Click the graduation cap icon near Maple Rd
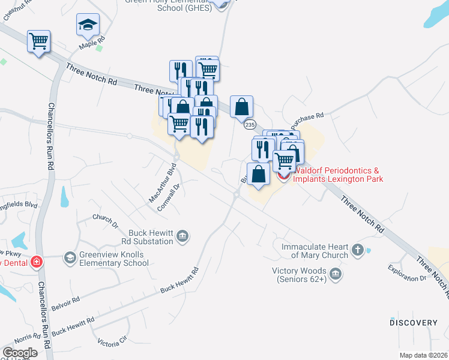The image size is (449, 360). [x=88, y=25]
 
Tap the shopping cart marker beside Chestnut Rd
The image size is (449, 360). [x=38, y=41]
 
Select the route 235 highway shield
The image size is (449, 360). [x=250, y=124]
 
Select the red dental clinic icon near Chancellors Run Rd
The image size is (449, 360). [x=37, y=262]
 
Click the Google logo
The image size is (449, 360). [x=20, y=353]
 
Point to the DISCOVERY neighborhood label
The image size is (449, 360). [x=414, y=323]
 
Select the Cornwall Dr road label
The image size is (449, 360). [x=170, y=196]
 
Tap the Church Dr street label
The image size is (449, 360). [x=105, y=221]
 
